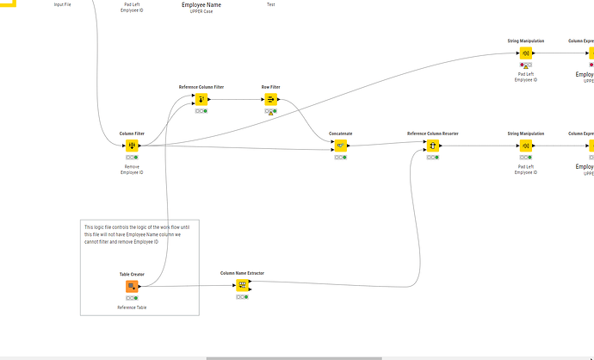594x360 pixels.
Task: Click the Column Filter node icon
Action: (x=132, y=146)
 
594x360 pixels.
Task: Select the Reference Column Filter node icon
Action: (x=201, y=99)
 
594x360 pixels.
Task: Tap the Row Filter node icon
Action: (x=270, y=99)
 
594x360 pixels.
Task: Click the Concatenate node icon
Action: (x=340, y=146)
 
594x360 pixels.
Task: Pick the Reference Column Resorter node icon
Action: (x=433, y=146)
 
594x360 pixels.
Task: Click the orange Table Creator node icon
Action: (x=132, y=286)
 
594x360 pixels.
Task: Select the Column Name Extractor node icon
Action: (x=242, y=285)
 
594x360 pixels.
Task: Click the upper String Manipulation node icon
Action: (x=525, y=53)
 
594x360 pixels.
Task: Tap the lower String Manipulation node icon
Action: (x=525, y=146)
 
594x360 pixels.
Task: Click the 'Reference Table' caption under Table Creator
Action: (x=132, y=307)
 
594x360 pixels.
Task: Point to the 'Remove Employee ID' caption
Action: (x=132, y=170)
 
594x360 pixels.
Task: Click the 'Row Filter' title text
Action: (x=270, y=87)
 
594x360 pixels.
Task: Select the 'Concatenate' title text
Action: (x=340, y=133)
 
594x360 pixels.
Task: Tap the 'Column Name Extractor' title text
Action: (x=242, y=273)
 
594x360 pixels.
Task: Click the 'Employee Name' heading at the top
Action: (x=201, y=5)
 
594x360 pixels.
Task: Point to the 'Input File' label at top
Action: (x=63, y=5)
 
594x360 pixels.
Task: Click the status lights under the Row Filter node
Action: (x=270, y=112)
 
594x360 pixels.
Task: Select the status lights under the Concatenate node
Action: (x=340, y=158)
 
